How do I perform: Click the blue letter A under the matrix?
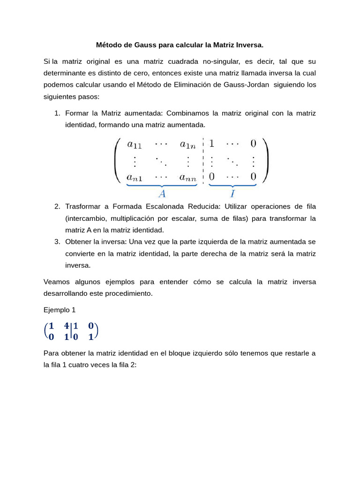(x=162, y=193)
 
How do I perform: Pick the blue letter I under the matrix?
(x=232, y=193)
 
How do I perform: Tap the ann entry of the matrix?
(x=188, y=177)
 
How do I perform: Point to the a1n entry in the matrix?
(x=188, y=144)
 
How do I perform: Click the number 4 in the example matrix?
(x=67, y=326)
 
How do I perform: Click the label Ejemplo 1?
(x=59, y=310)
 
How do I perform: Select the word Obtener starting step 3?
(x=78, y=241)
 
